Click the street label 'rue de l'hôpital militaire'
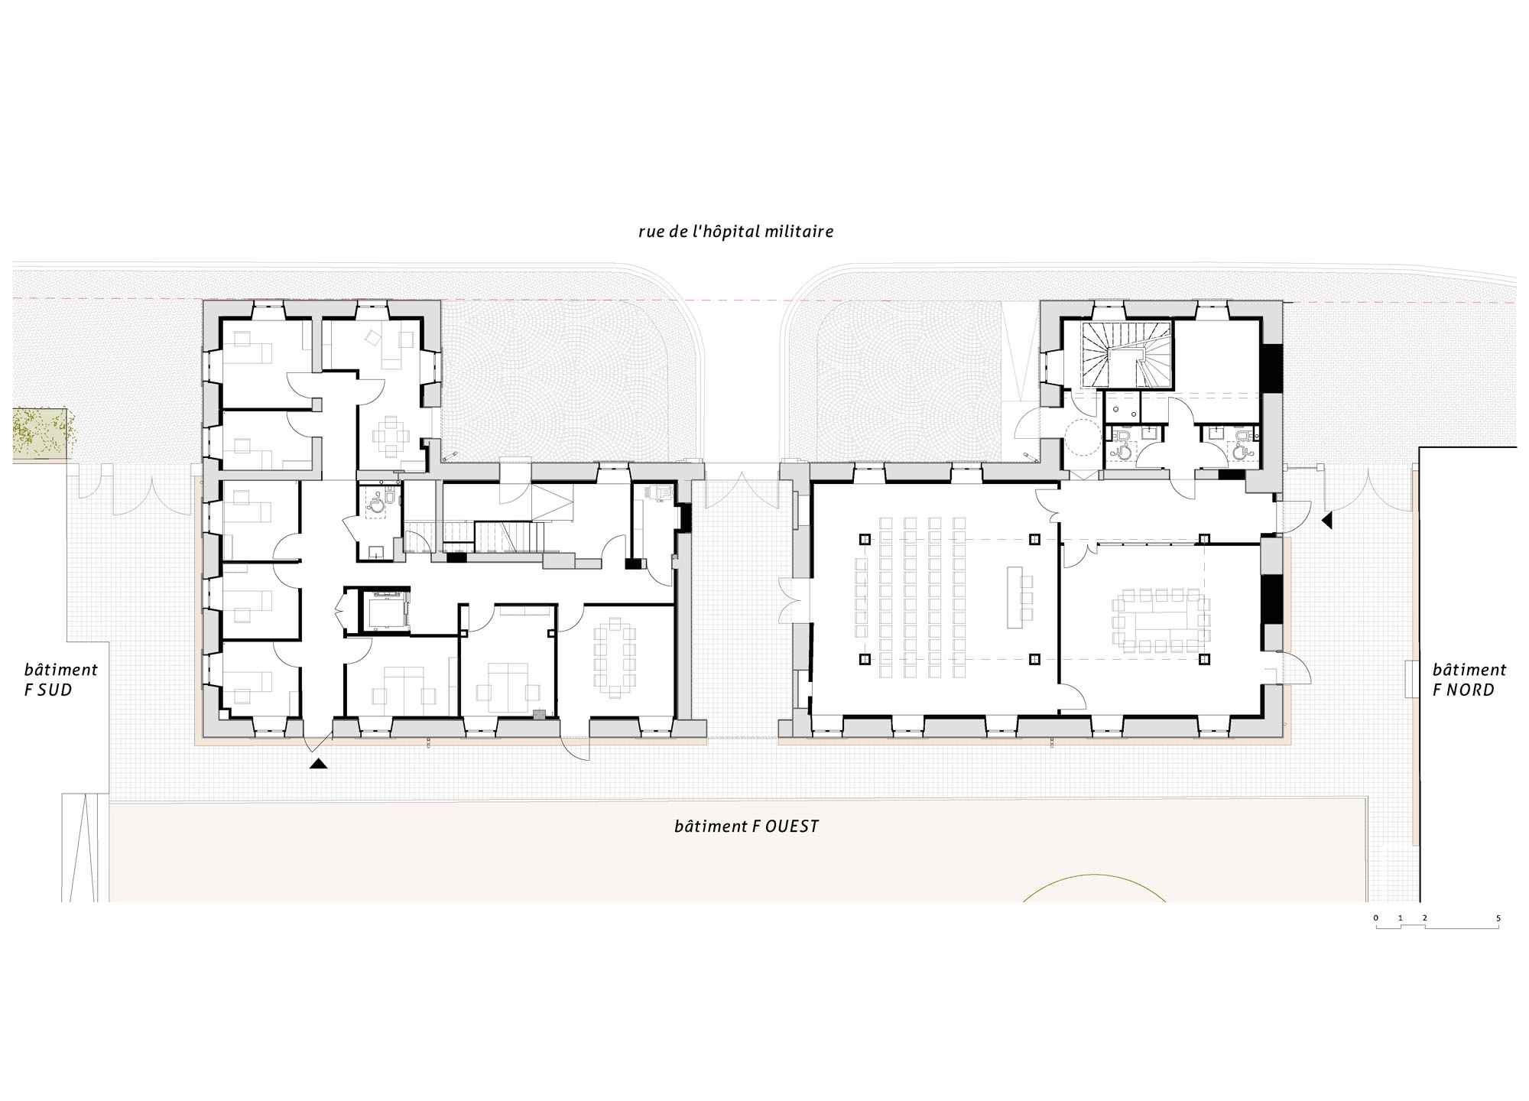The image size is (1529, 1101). point(735,232)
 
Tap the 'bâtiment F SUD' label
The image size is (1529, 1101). point(61,680)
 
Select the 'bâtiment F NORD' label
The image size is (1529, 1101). point(1469,680)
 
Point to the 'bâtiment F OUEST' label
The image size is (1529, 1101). point(746,827)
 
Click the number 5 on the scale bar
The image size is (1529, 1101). point(1498,918)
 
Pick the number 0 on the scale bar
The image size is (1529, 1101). point(1376,918)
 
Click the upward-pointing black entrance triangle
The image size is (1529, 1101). point(318,763)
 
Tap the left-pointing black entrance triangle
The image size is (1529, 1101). point(1327,521)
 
